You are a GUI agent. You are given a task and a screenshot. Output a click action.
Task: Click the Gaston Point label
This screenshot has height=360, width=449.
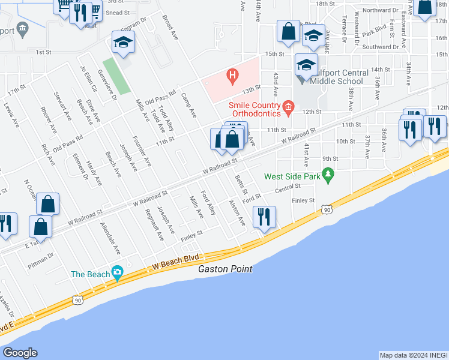tap(225, 269)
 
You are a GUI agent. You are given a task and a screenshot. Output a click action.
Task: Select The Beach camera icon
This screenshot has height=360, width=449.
tap(116, 274)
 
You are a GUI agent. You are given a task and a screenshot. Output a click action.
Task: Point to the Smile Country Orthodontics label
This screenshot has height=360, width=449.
tap(253, 109)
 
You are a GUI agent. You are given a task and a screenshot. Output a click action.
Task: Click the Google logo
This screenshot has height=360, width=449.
tap(20, 353)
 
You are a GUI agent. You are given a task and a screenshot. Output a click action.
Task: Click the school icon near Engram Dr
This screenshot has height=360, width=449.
tap(123, 43)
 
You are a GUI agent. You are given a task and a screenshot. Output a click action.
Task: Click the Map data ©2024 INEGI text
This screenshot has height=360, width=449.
tap(414, 355)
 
